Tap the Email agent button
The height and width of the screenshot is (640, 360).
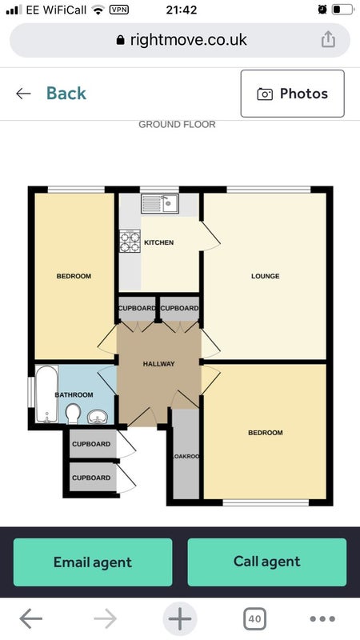coord(93,562)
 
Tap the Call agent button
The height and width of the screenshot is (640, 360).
coord(267,562)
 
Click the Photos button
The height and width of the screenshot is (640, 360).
coord(292,94)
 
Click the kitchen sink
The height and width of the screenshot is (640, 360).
coord(160,204)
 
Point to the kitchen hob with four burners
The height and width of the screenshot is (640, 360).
coord(130,242)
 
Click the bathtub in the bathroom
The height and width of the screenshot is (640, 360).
coord(46,394)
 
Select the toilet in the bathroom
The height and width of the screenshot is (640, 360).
coord(73,413)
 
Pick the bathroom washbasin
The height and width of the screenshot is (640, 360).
coord(98,416)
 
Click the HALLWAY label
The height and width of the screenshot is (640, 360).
coord(158,364)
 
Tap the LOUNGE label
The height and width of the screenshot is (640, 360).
coord(266,276)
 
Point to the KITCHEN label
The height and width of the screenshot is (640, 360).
coord(158,242)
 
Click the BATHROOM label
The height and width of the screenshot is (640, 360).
coord(74,394)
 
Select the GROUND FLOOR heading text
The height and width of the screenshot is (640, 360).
coord(177,125)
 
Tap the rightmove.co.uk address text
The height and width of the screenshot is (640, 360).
coord(189,39)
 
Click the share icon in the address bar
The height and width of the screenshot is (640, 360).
coord(328,39)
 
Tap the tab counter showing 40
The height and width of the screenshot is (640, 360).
coord(254,618)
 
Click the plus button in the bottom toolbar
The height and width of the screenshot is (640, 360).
coord(179,618)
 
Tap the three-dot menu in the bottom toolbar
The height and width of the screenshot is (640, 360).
coord(322,619)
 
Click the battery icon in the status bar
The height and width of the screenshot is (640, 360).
coord(343,10)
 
